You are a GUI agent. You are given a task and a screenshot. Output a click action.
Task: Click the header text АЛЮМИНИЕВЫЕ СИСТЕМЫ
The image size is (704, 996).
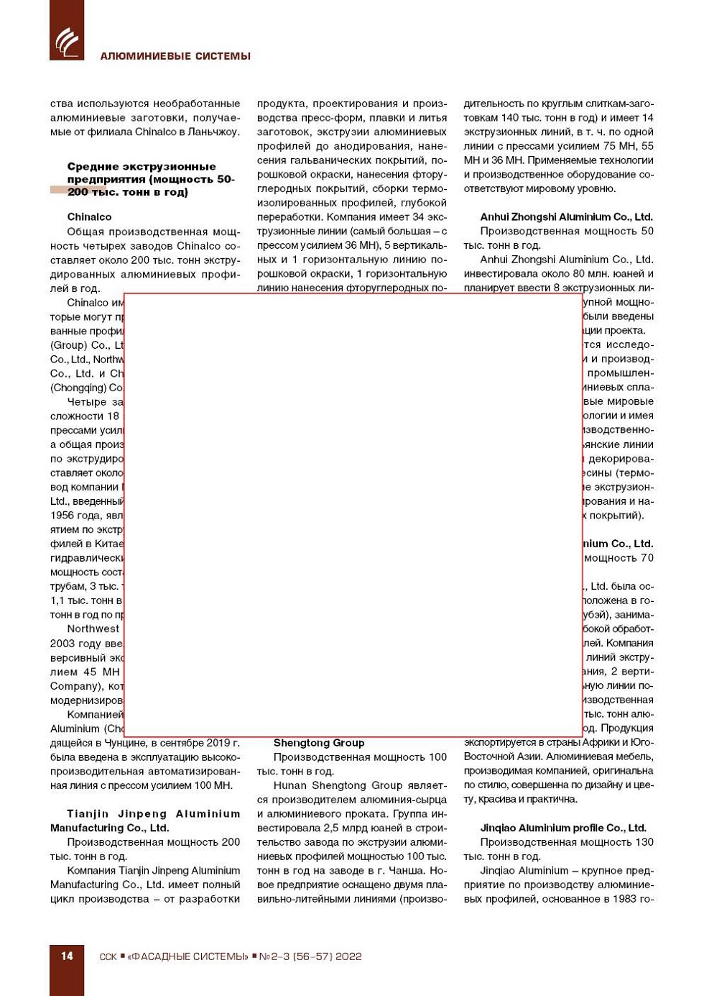[x=175, y=56]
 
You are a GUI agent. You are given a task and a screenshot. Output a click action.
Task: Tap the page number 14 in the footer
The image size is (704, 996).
[x=67, y=956]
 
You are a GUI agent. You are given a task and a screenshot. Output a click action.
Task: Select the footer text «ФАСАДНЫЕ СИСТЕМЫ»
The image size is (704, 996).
[x=187, y=956]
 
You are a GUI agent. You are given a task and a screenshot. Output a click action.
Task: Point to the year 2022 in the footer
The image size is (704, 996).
[x=348, y=956]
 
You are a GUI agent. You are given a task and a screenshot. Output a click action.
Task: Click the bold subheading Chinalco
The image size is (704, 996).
[x=89, y=216]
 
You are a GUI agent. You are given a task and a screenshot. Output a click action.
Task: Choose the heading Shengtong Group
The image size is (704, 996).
[x=318, y=743]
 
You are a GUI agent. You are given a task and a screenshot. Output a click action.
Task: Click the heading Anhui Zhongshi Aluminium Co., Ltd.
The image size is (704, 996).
[x=566, y=216]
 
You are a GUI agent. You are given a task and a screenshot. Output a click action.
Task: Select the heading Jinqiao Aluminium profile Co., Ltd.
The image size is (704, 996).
[x=563, y=828]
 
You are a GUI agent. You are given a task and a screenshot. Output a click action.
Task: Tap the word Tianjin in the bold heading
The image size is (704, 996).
[x=87, y=813]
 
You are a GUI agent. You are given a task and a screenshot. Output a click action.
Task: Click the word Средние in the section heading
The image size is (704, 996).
[x=91, y=166]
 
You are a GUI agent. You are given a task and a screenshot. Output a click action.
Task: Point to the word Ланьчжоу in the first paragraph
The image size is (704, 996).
[x=215, y=132]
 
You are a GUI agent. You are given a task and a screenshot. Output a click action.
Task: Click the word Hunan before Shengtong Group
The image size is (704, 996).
[x=290, y=785]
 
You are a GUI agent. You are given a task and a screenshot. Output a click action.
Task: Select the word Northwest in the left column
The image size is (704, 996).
[x=93, y=629]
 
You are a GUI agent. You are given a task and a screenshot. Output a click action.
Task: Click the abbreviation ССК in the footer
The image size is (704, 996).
[x=108, y=956]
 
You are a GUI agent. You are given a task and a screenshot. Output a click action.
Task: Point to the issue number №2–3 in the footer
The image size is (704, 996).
[x=274, y=956]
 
